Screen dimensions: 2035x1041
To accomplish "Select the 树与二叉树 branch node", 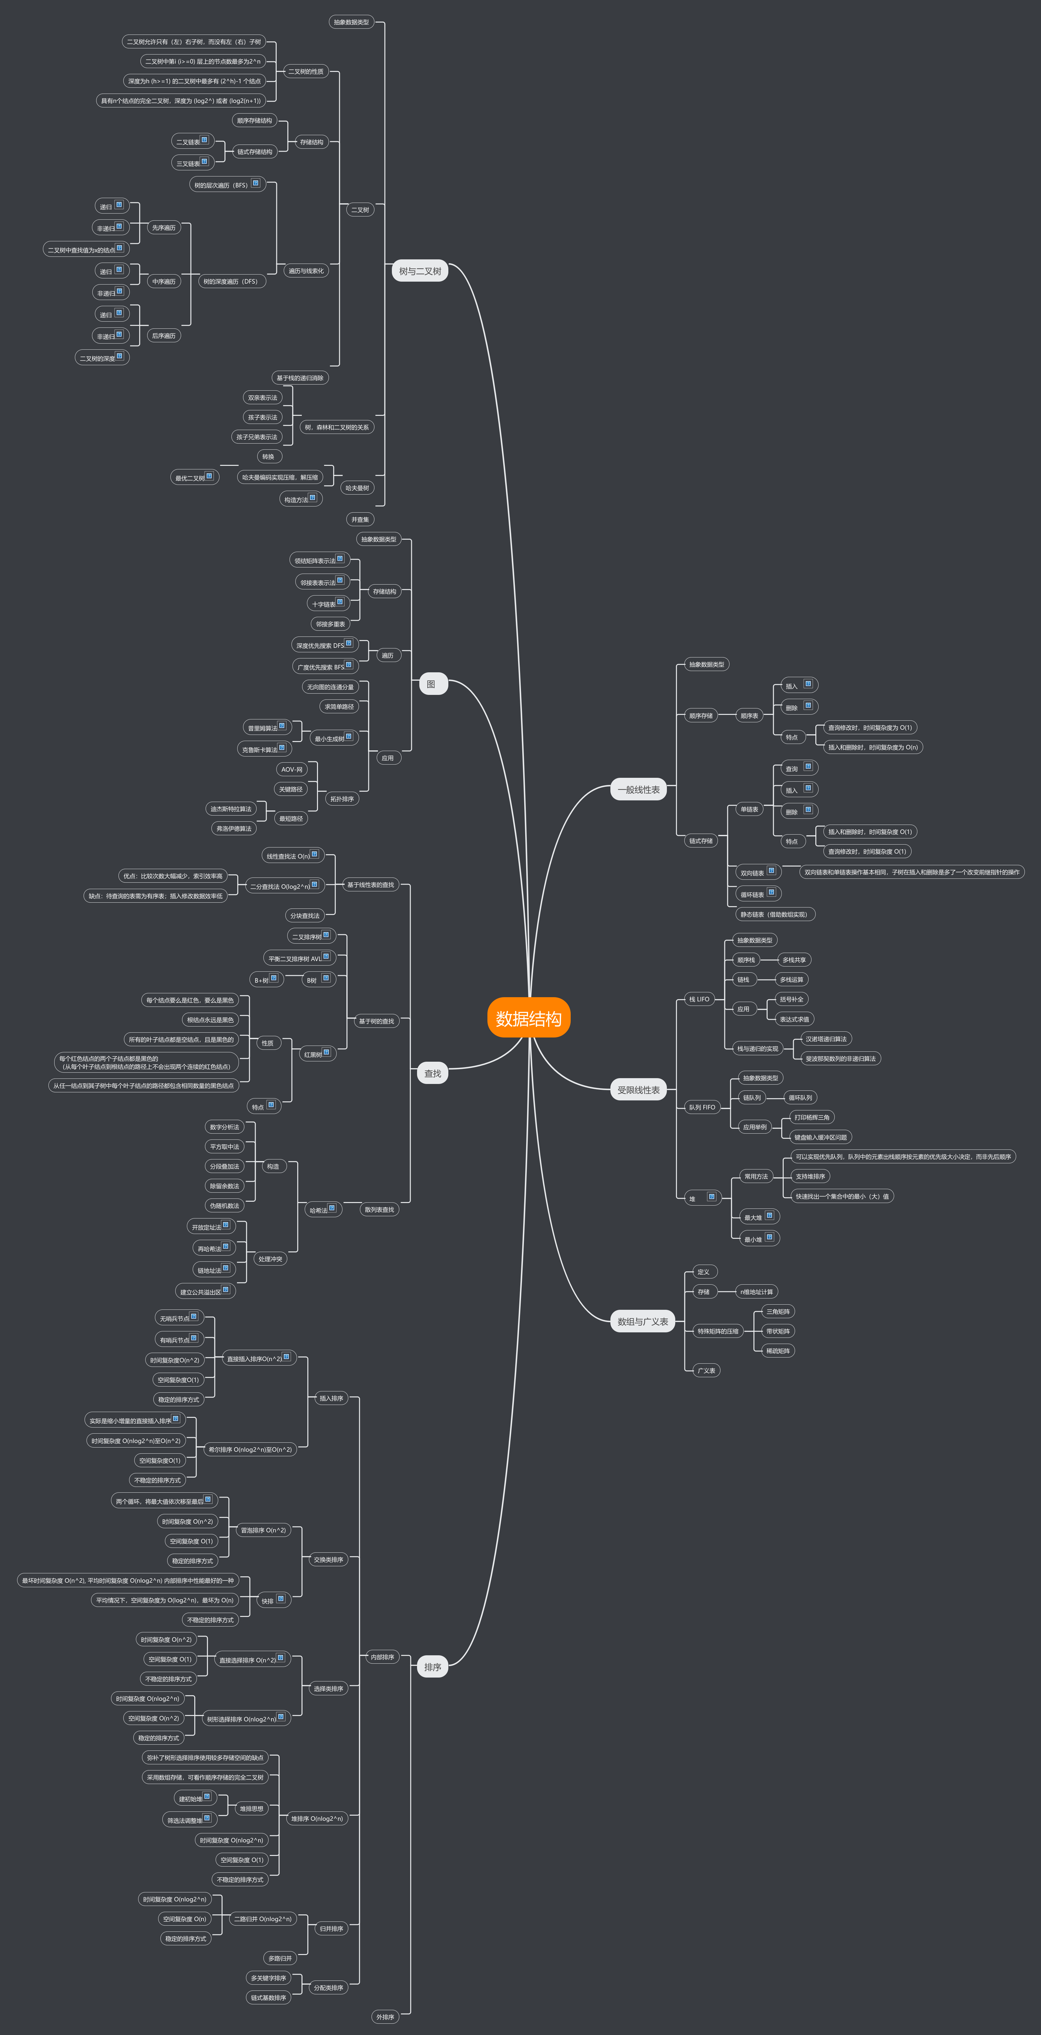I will [420, 271].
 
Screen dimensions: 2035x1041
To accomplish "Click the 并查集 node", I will [360, 519].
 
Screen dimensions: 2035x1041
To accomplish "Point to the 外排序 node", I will [385, 2016].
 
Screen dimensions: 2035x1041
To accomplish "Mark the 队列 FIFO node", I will [701, 1107].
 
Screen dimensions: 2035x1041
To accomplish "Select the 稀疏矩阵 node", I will [778, 1350].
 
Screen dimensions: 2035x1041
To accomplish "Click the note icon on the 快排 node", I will [281, 1599].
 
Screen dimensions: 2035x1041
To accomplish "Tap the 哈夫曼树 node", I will [356, 487].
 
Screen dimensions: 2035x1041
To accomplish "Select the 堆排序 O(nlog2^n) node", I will [316, 1818].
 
